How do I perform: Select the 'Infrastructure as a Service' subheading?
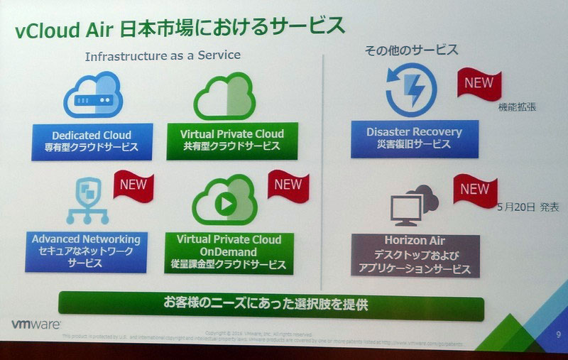163,55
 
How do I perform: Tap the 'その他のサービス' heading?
411,50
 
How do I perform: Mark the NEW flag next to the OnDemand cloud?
288,187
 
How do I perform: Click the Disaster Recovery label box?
414,138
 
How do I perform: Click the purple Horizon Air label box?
415,254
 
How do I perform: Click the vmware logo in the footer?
35,324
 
